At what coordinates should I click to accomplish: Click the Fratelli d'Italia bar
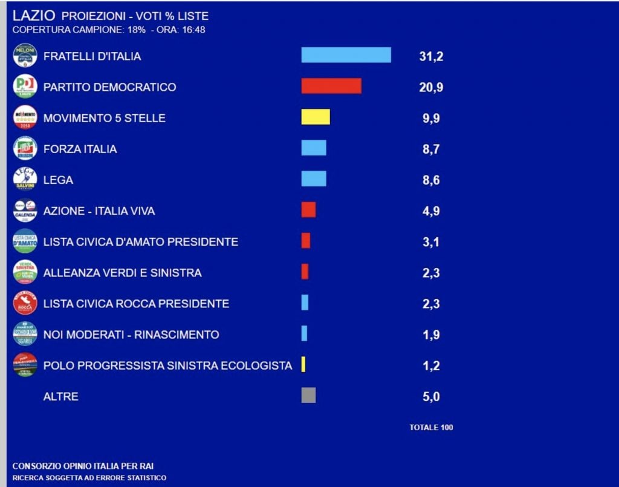(346, 55)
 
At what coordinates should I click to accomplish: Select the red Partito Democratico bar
(331, 86)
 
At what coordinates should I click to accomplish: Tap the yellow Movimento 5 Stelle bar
(316, 117)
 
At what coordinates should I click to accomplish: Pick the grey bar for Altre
(308, 396)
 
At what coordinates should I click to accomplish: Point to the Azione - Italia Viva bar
(308, 210)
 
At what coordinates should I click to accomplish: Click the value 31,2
(431, 56)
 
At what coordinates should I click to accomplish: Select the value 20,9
(431, 87)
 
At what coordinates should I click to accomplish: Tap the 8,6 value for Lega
(431, 180)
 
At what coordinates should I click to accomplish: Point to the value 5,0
(431, 397)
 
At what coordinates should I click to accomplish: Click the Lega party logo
(25, 180)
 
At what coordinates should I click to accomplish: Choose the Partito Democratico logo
(25, 87)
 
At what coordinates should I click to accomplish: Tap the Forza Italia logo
(25, 148)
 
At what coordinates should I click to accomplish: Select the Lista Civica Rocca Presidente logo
(25, 303)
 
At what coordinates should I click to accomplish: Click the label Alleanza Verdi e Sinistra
(122, 273)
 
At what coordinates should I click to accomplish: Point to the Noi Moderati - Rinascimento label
(131, 335)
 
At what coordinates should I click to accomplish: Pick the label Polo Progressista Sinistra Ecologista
(167, 365)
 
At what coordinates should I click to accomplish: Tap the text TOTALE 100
(431, 427)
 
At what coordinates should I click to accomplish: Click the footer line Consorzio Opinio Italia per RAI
(87, 466)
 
